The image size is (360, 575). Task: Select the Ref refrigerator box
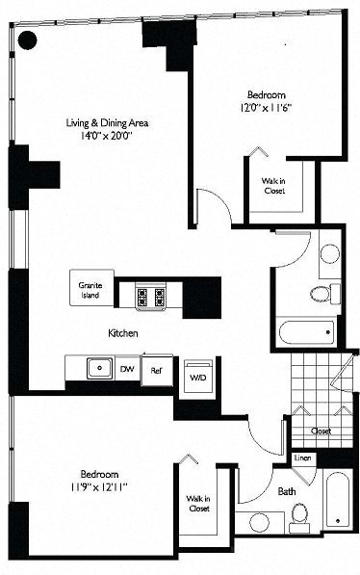(x=155, y=369)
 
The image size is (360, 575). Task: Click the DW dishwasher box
(x=126, y=368)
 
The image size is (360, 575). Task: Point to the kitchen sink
(x=96, y=367)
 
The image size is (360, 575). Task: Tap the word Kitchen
(x=124, y=332)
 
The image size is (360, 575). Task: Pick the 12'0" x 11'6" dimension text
(x=266, y=109)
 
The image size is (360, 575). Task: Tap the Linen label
(x=302, y=458)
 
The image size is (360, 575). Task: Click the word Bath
(x=287, y=491)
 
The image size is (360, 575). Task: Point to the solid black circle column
(x=28, y=39)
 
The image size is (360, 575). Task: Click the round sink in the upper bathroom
(x=329, y=254)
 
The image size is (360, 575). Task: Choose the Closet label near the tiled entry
(x=321, y=431)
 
